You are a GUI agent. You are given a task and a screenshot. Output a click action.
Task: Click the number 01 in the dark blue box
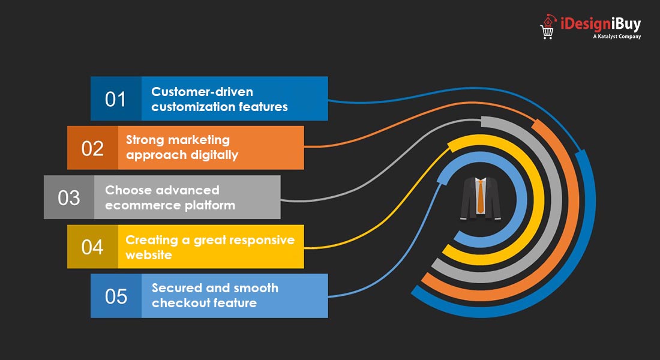coord(115,99)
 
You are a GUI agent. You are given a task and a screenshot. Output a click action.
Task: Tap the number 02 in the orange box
coord(92,148)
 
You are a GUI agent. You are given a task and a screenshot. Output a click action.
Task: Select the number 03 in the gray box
coord(69,197)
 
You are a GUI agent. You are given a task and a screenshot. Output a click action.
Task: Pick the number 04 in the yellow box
coord(92,247)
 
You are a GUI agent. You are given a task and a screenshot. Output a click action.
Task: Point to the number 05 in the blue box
coord(115,296)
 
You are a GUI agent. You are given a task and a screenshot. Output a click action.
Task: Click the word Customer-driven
coord(202,92)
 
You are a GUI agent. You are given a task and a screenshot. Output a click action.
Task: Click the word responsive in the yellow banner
coord(262,240)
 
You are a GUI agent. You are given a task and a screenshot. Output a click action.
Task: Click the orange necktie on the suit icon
coord(481,196)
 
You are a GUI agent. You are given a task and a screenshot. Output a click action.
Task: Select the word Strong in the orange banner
coord(145,140)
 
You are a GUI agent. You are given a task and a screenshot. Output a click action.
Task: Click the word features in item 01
coord(262,107)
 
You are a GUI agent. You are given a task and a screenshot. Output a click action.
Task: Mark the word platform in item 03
coord(212,205)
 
